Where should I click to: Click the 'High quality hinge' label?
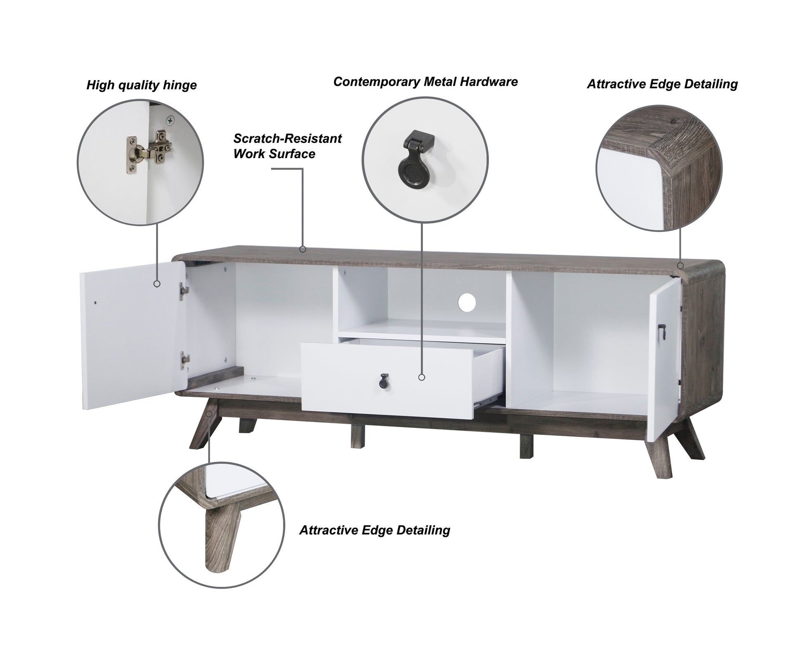pyautogui.click(x=142, y=85)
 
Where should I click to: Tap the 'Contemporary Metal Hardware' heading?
pyautogui.click(x=425, y=82)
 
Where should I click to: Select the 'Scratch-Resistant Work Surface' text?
pyautogui.click(x=288, y=146)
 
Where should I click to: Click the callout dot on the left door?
pyautogui.click(x=157, y=284)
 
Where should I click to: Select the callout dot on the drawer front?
pyautogui.click(x=421, y=377)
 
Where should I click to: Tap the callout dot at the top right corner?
pyautogui.click(x=680, y=265)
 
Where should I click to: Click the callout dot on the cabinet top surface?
pyautogui.click(x=302, y=249)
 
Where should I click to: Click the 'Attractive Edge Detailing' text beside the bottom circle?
pyautogui.click(x=375, y=530)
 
